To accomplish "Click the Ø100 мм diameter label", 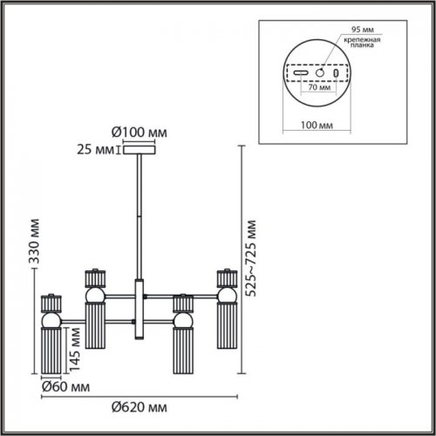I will point(140,132).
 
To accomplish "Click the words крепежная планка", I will point(361,44).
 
